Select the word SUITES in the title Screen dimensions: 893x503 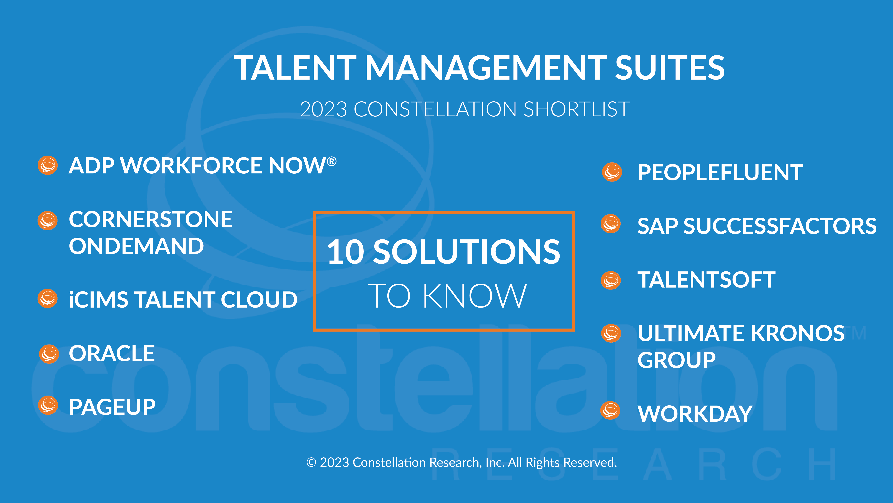[x=670, y=68]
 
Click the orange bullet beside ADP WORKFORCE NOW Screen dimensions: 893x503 [x=48, y=165]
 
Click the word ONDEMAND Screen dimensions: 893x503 [x=136, y=246]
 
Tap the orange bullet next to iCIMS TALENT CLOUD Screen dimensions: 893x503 [x=48, y=299]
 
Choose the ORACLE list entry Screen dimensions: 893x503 [x=112, y=354]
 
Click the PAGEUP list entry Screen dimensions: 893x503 [x=112, y=407]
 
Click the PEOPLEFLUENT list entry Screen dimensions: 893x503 [x=720, y=173]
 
